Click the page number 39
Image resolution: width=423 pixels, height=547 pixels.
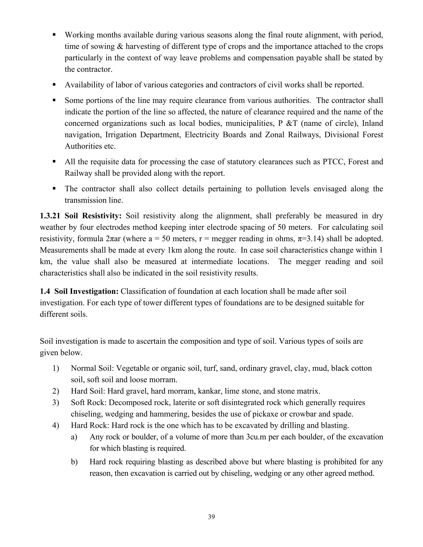click(x=211, y=516)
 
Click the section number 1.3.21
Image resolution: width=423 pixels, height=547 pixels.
click(x=50, y=216)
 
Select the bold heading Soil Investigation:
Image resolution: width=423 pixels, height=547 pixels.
click(x=87, y=291)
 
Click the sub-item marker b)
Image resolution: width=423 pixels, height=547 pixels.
click(x=74, y=462)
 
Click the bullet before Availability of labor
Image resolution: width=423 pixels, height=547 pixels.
click(x=54, y=85)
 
